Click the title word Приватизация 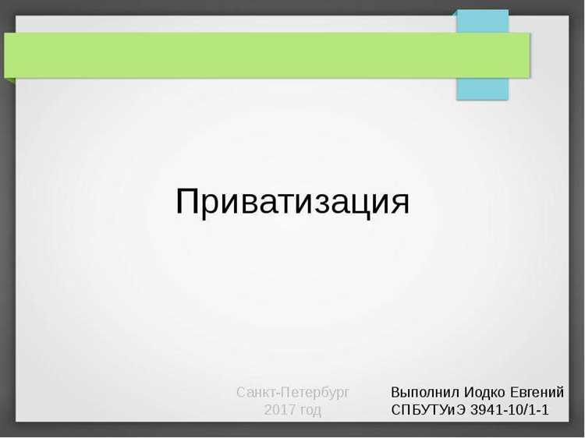[292, 202]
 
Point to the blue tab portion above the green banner [482, 21]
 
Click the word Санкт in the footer [256, 392]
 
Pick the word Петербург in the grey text [315, 392]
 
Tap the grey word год [308, 410]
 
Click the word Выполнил [426, 392]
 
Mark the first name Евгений [537, 392]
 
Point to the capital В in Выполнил [396, 392]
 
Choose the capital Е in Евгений [516, 392]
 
